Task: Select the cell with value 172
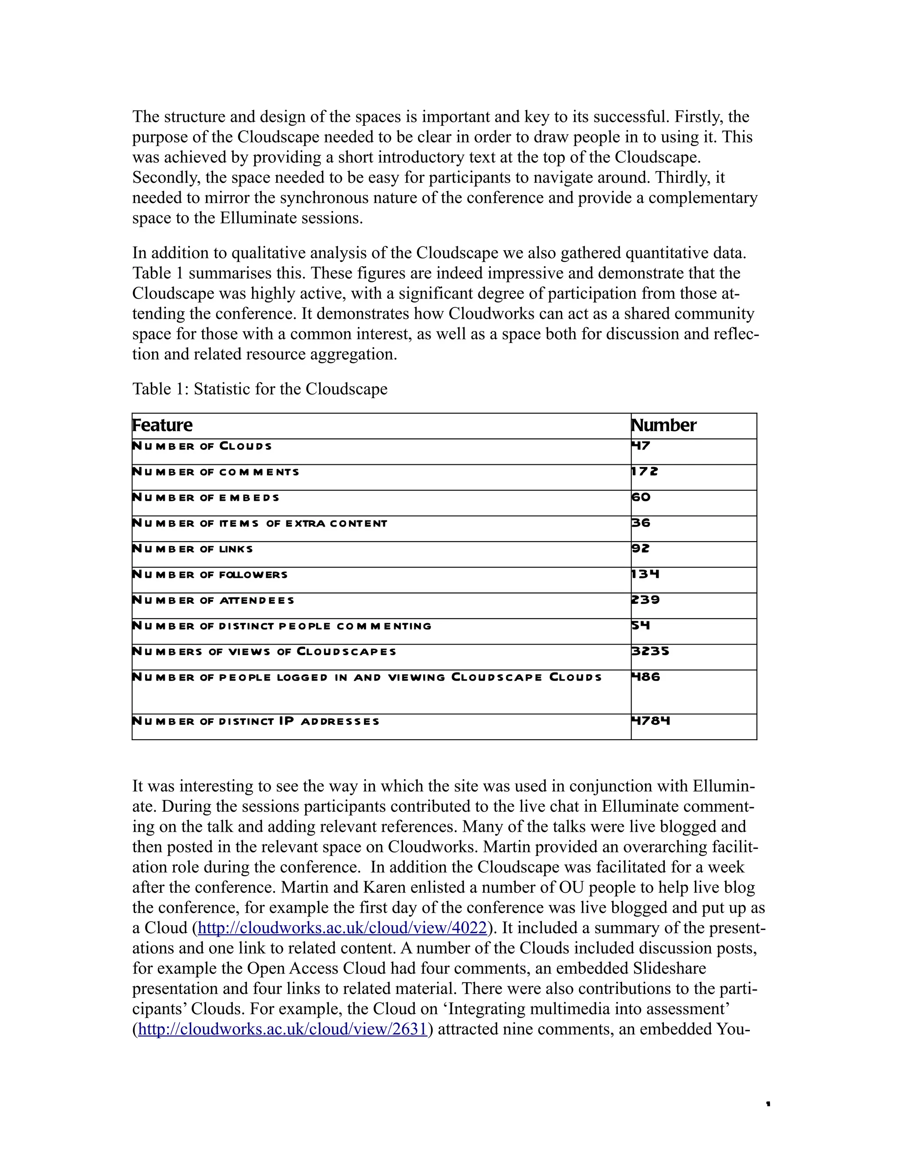[x=644, y=471]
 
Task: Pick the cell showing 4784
[x=650, y=721]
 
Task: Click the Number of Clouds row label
[x=202, y=446]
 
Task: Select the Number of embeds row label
[x=205, y=498]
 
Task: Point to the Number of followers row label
[x=210, y=574]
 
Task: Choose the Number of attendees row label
[x=213, y=600]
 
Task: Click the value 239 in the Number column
[x=645, y=599]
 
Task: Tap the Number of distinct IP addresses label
[x=255, y=721]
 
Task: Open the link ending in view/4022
[x=342, y=928]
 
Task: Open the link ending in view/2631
[x=282, y=1029]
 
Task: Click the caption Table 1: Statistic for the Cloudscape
[x=260, y=389]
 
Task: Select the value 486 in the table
[x=645, y=677]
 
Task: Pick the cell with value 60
[x=641, y=497]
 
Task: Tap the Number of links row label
[x=192, y=549]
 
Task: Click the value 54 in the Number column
[x=641, y=625]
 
